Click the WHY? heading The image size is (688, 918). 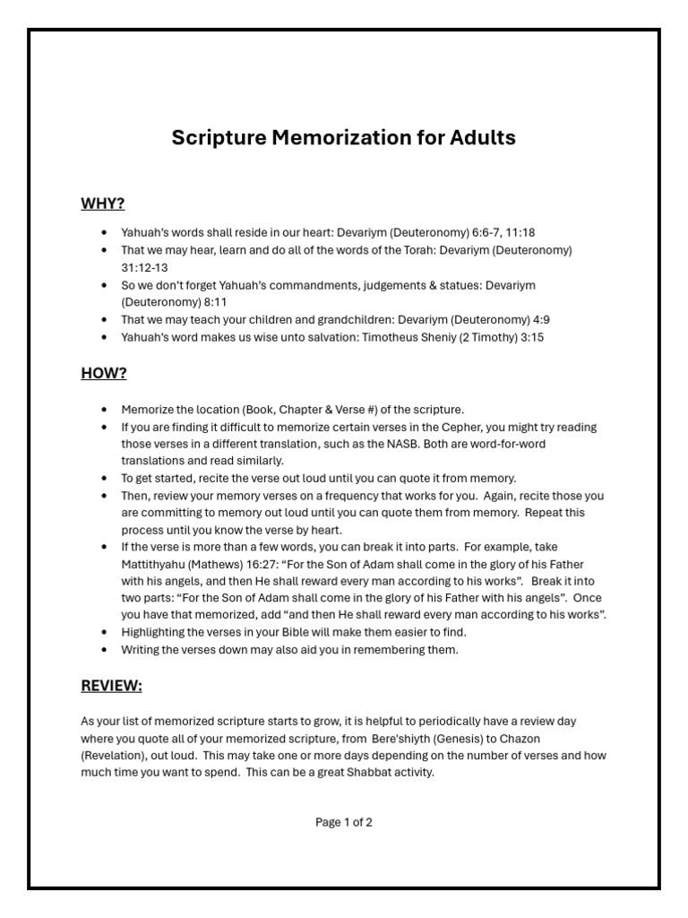102,204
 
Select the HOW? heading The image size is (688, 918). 103,374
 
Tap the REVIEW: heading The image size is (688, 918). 111,686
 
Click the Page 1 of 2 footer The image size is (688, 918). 344,822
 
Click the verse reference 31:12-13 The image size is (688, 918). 144,267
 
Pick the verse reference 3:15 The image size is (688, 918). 528,337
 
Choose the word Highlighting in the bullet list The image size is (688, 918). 154,632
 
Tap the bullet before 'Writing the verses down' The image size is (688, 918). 106,650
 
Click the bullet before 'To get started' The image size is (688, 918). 106,479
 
